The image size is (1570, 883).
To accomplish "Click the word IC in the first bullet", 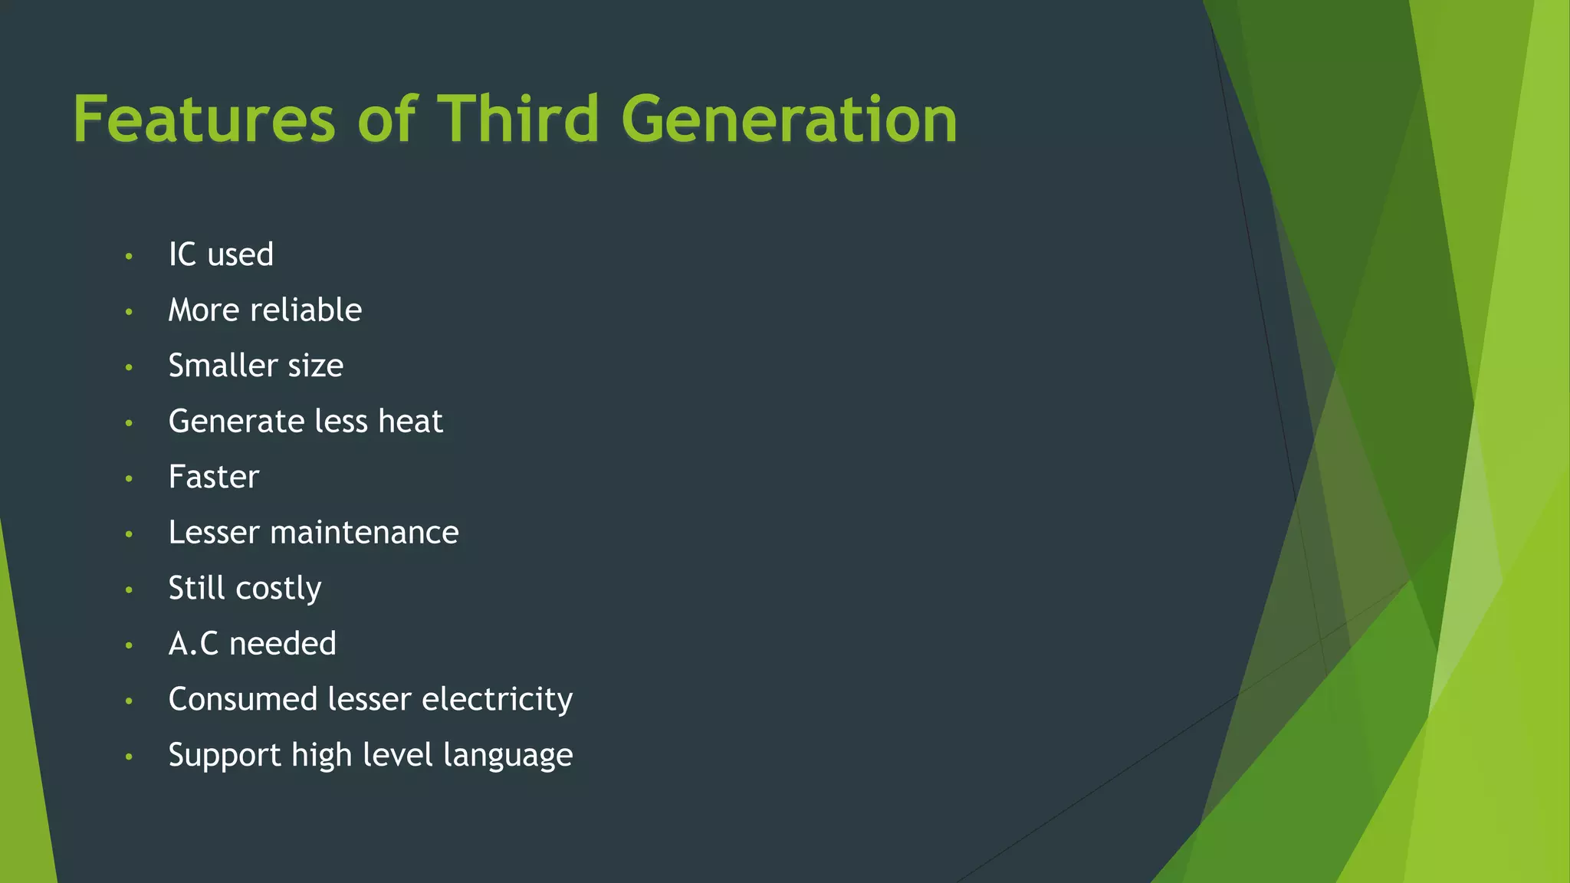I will [x=182, y=254].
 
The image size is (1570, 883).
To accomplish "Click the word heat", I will [x=410, y=421].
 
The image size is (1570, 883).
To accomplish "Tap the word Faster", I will [x=214, y=477].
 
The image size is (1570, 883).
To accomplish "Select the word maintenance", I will [x=364, y=532].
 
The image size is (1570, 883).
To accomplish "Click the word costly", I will [x=278, y=589].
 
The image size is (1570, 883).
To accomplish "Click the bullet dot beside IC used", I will [x=129, y=256].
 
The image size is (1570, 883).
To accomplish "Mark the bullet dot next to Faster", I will [x=129, y=478].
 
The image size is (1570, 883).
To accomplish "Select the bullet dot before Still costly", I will [x=129, y=589].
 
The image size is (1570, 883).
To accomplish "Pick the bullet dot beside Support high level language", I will [x=129, y=757].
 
